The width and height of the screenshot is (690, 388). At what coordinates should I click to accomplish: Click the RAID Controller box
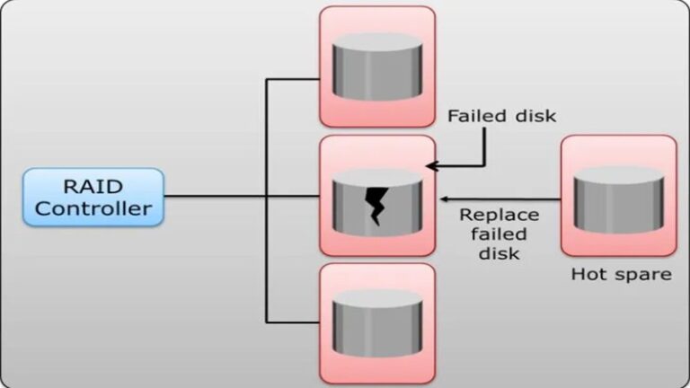coord(94,197)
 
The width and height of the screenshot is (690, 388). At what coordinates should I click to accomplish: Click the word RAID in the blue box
coord(94,187)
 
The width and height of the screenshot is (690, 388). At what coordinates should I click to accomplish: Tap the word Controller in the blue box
coord(94,210)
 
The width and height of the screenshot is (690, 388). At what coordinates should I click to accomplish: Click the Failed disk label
coord(501,116)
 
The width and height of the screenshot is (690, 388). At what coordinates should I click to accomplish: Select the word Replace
coord(499,215)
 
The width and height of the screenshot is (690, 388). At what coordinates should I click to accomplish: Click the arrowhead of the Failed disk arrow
coord(432,165)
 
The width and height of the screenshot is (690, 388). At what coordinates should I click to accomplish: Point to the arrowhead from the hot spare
coord(442,198)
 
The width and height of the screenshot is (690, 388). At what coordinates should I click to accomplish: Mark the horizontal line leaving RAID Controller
coord(216,197)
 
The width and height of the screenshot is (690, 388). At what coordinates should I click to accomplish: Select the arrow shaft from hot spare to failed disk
coord(503,198)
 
